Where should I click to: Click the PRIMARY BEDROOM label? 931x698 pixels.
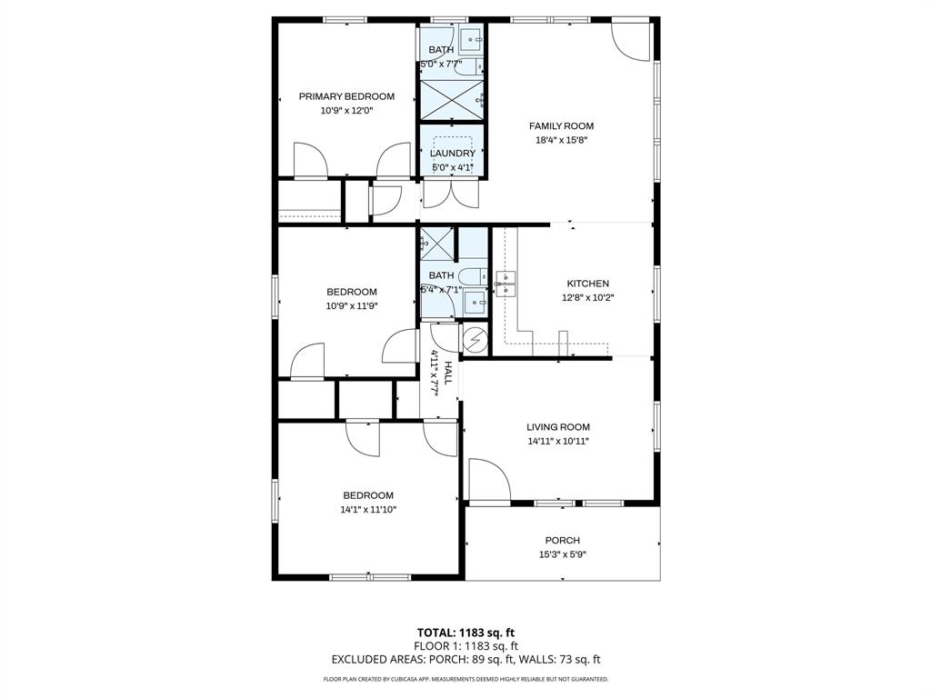pos(346,96)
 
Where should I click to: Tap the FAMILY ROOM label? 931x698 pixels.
pos(561,126)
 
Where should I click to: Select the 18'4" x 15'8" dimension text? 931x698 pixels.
pos(561,141)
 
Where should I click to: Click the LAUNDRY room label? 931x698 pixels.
pos(452,154)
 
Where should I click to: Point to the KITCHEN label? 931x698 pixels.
pos(587,284)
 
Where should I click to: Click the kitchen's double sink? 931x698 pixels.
pos(506,284)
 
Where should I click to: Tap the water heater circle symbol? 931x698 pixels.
pos(476,341)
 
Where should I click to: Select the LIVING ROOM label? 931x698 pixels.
pos(558,427)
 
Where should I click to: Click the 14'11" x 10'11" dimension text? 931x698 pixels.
pos(558,442)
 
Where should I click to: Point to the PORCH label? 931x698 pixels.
pos(562,541)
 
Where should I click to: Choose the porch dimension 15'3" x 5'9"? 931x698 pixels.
pos(562,554)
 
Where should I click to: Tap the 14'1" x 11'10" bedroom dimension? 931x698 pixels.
pos(368,510)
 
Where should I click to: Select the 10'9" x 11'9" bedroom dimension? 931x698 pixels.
pos(352,306)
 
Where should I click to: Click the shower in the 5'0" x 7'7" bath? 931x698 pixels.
pos(451,100)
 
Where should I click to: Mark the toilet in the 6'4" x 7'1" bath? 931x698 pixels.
pos(472,276)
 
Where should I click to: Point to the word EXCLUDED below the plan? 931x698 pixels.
pos(361,660)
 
